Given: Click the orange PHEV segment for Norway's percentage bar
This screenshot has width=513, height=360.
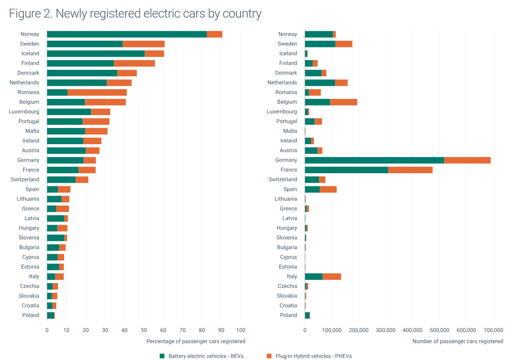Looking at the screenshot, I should (x=214, y=34).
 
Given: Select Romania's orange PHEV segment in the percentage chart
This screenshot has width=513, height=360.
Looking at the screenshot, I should (x=97, y=92).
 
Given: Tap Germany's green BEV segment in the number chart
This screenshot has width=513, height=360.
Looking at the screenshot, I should (x=374, y=160).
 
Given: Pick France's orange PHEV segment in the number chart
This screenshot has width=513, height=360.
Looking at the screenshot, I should (x=410, y=170).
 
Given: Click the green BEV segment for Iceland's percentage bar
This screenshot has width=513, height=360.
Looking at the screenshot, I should (x=96, y=54).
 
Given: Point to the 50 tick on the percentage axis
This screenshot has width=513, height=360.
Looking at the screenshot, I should (x=144, y=330).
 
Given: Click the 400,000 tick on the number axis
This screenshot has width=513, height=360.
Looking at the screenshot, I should (x=412, y=330).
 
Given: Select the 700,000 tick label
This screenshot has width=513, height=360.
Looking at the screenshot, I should (x=493, y=330).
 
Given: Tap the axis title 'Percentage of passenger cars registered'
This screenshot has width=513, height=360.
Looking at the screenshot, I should (x=196, y=341).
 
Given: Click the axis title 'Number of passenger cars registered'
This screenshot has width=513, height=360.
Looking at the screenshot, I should (x=458, y=341).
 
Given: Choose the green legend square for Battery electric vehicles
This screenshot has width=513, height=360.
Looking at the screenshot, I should (x=162, y=356).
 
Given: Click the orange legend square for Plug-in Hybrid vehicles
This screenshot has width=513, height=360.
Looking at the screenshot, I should (x=269, y=356).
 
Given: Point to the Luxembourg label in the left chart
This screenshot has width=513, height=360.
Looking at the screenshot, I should (x=24, y=112).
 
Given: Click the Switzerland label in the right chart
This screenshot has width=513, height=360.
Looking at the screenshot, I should (x=283, y=179).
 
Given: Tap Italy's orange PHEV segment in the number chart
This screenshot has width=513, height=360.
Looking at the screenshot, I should (x=332, y=276).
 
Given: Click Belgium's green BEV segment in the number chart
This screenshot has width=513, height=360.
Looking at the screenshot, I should (x=317, y=102).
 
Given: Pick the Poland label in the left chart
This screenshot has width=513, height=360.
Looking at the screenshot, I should (x=31, y=315).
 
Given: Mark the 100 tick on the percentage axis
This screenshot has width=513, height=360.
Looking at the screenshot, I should (x=241, y=330).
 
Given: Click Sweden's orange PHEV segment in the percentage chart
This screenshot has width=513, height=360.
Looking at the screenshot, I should (x=144, y=44).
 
